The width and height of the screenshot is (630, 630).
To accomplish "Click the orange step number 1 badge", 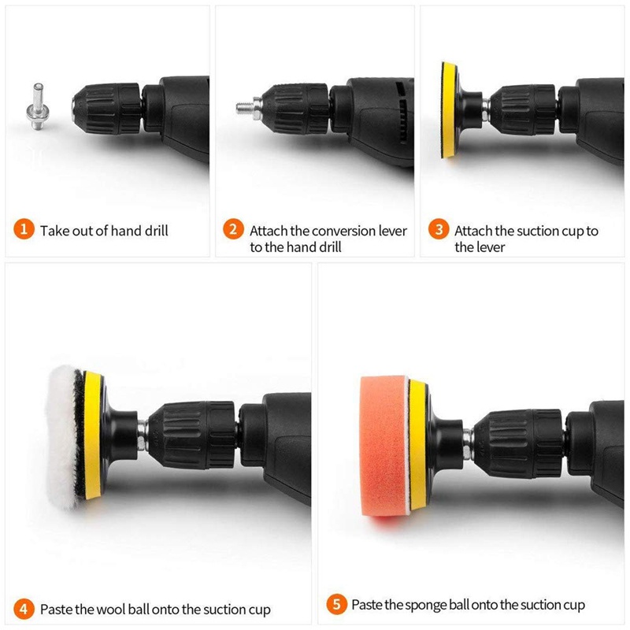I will [x=24, y=231].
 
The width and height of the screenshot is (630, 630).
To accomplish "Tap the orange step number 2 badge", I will [x=233, y=231].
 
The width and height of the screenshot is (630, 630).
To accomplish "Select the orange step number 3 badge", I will [x=439, y=231].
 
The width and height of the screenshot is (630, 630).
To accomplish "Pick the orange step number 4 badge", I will [x=24, y=609].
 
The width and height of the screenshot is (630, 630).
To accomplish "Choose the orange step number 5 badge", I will [x=336, y=605].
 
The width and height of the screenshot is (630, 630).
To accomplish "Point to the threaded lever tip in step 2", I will [x=245, y=105].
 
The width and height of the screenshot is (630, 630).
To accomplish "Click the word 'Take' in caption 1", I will [x=54, y=231].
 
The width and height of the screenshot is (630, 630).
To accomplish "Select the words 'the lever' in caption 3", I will [x=480, y=247].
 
